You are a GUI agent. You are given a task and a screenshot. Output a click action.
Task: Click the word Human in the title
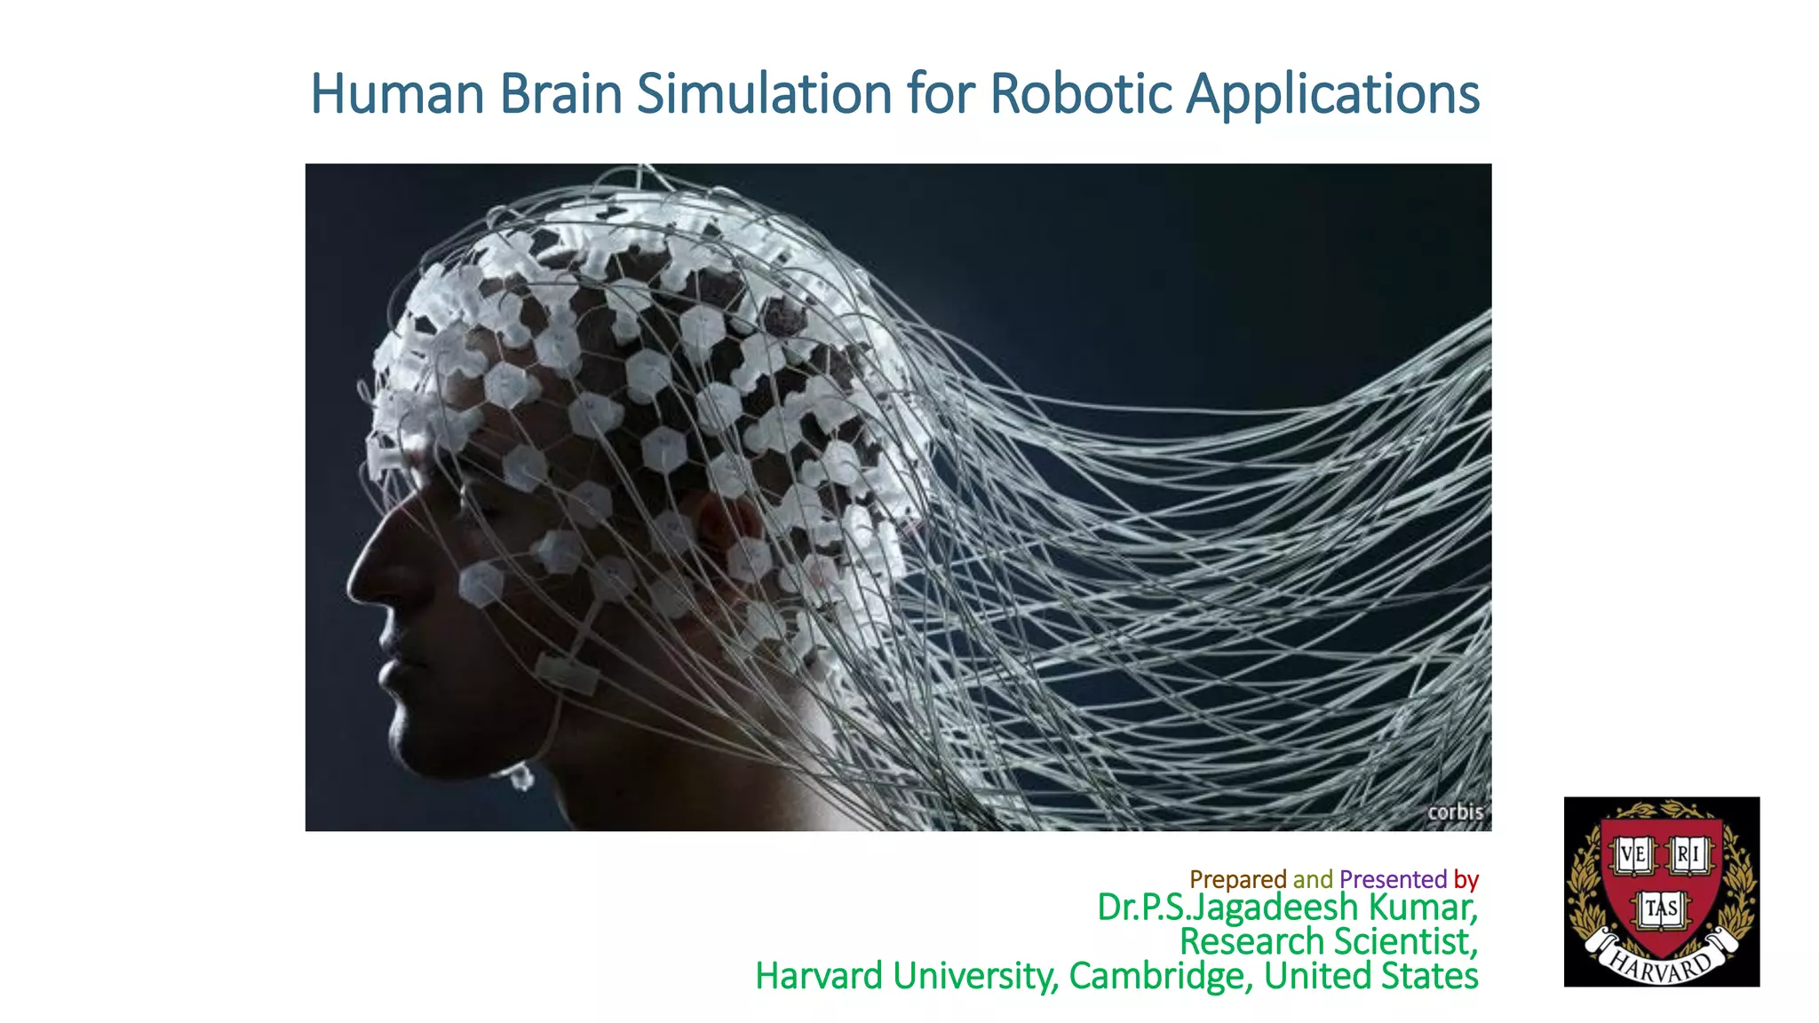[396, 94]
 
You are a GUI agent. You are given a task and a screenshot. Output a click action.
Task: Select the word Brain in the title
[560, 94]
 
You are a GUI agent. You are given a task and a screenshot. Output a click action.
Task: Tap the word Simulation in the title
[764, 94]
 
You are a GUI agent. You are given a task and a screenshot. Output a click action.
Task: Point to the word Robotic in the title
[1081, 94]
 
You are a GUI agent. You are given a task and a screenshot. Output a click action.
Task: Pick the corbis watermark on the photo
[1455, 812]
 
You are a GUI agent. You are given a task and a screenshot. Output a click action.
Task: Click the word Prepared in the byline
[1237, 879]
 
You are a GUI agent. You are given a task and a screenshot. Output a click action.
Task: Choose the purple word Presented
[1393, 879]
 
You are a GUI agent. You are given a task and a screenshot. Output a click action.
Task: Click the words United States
[1370, 976]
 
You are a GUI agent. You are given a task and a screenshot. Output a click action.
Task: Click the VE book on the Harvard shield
[1632, 856]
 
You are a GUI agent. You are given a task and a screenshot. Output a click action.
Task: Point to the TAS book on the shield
[1661, 908]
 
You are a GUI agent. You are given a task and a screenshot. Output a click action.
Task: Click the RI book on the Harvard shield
[1688, 856]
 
